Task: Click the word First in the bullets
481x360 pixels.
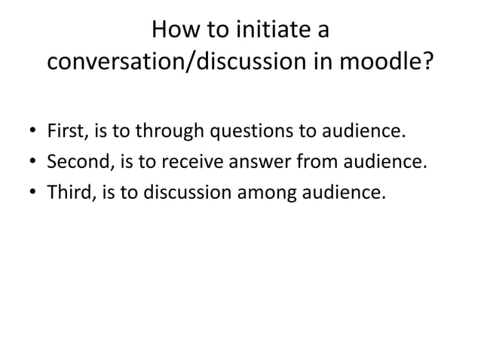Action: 67,133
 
